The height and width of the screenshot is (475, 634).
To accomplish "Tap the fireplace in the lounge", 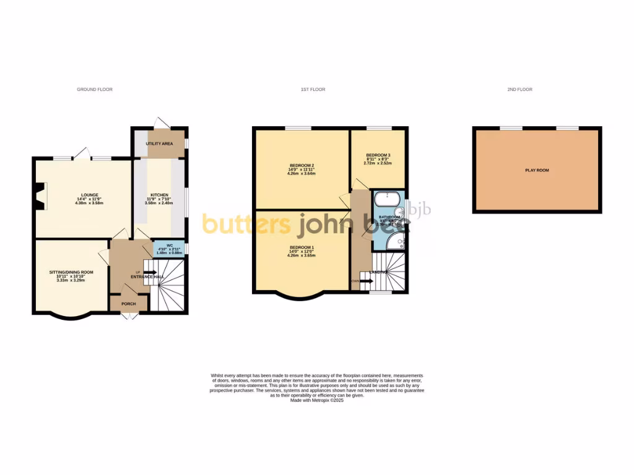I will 40,197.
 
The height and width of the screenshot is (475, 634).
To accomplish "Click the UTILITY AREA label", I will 159,143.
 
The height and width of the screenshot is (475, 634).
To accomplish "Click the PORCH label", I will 128,304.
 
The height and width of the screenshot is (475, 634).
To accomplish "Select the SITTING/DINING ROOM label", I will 71,272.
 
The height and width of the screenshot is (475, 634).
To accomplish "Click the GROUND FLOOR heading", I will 95,90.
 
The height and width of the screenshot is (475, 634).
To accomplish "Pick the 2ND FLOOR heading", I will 519,90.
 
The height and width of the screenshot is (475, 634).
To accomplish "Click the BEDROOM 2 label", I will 302,165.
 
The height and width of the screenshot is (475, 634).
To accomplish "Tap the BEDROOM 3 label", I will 378,155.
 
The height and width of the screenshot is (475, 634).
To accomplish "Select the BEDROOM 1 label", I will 302,247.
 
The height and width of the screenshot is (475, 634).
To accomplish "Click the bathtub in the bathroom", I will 387,199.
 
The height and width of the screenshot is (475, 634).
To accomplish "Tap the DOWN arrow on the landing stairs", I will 365,281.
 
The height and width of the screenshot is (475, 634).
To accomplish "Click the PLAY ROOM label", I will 537,170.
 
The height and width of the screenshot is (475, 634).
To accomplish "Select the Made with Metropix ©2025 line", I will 316,400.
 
